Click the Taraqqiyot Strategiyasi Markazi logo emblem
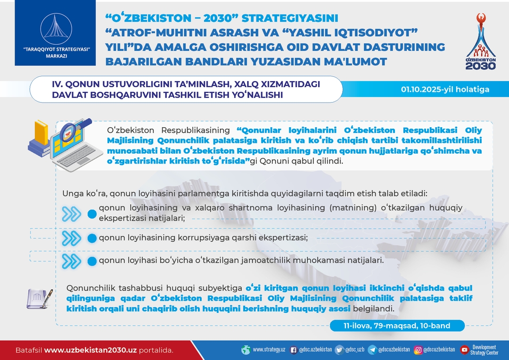click(56, 29)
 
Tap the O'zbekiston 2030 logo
click(481, 41)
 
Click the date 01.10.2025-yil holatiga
click(445, 89)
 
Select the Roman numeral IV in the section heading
click(57, 84)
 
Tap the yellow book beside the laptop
click(41, 133)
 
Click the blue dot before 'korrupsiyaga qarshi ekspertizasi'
click(92, 238)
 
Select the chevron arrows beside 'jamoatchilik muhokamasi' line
click(72, 261)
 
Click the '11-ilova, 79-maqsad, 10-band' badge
click(397, 326)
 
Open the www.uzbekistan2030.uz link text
click(90, 350)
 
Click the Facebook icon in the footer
click(294, 350)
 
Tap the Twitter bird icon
click(339, 350)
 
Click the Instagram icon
click(418, 350)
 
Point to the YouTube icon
click(465, 350)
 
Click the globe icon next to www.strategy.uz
click(246, 350)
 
